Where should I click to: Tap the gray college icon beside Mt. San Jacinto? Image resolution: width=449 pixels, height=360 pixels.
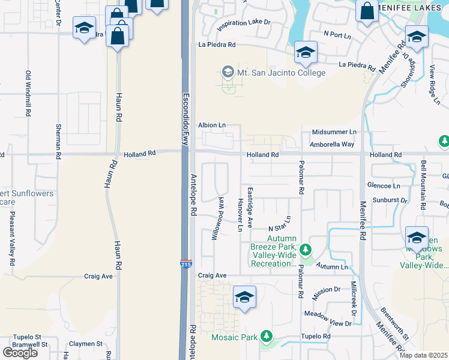228,73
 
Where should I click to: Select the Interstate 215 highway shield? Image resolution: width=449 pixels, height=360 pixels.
185,263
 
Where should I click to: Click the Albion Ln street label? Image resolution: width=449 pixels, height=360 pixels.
212,125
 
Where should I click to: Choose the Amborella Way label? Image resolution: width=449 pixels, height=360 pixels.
333,145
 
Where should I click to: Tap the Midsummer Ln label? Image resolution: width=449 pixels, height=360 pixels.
334,132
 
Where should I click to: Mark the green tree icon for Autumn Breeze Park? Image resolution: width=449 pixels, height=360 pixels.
306,248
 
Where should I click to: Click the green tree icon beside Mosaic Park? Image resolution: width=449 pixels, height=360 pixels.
266,337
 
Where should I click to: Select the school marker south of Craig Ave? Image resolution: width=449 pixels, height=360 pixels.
244,297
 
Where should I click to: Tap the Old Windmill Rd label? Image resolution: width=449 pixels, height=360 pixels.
28,93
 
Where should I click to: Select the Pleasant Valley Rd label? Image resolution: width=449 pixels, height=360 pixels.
11,238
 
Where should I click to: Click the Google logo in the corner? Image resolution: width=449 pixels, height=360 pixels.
20,352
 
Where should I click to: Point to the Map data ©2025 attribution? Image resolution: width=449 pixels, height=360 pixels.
423,355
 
